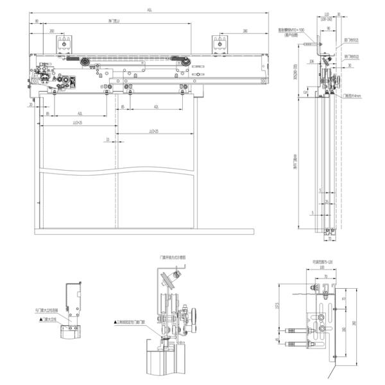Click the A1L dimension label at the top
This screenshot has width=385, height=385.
[x=150, y=11]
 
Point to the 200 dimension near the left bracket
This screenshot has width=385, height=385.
[x=51, y=30]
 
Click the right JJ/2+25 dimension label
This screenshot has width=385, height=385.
[x=154, y=130]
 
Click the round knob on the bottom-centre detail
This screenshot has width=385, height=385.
[x=192, y=316]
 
